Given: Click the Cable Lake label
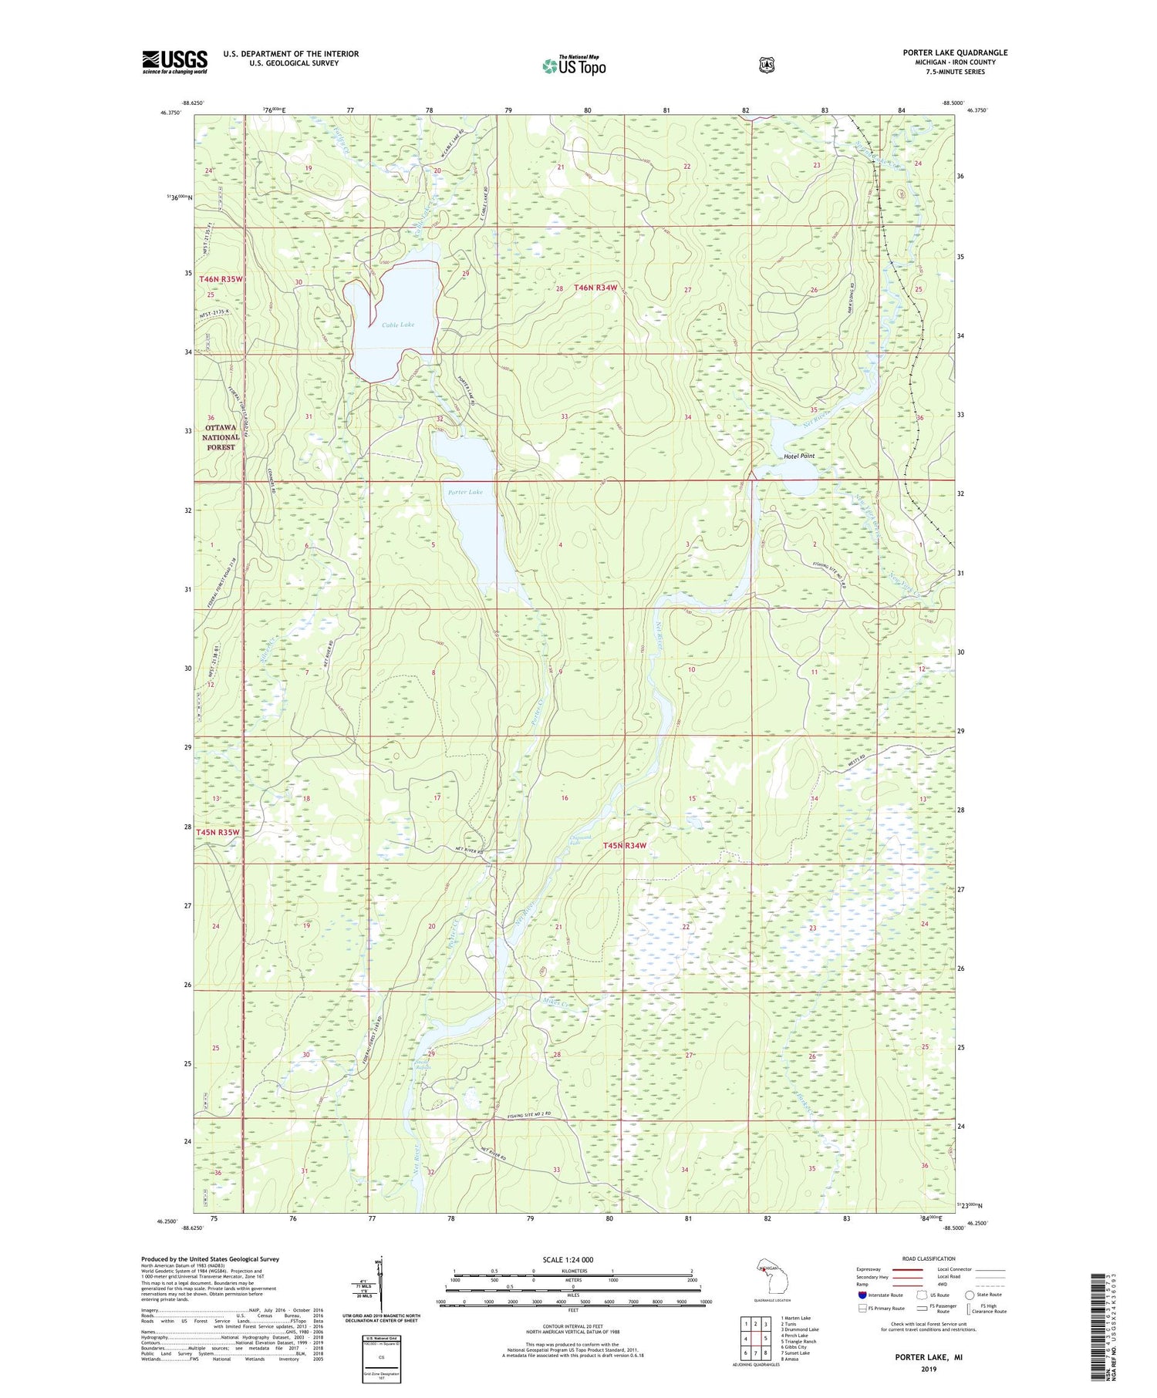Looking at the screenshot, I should pyautogui.click(x=398, y=325).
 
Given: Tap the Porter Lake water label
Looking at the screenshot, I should pyautogui.click(x=465, y=492).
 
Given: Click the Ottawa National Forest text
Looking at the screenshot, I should pyautogui.click(x=221, y=436).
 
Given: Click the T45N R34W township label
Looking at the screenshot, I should pyautogui.click(x=624, y=845).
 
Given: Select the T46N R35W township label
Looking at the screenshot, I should pyautogui.click(x=221, y=278).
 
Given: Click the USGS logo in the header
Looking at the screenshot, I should pyautogui.click(x=174, y=62).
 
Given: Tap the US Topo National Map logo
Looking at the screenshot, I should pyautogui.click(x=574, y=66).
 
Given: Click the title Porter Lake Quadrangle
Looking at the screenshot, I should pyautogui.click(x=955, y=52).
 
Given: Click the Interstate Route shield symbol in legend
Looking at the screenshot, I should pyautogui.click(x=862, y=1295).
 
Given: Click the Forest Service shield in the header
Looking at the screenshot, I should pyautogui.click(x=766, y=66).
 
